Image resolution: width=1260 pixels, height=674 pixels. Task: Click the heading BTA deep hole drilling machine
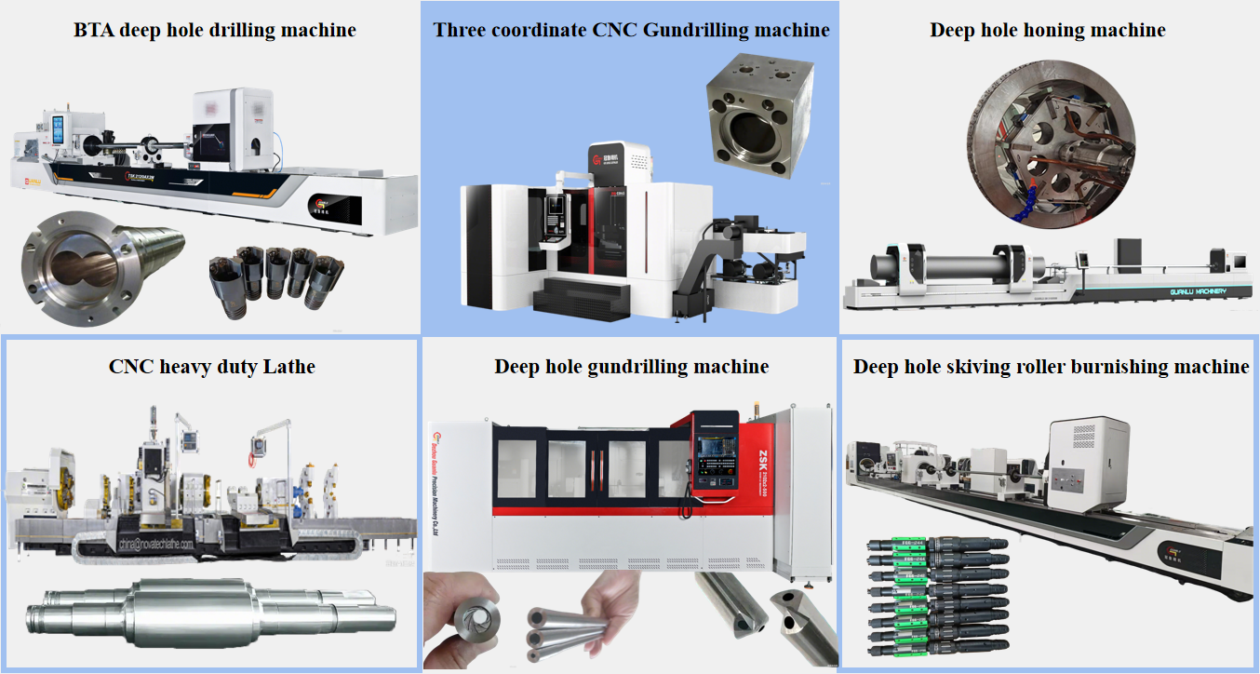point(214,30)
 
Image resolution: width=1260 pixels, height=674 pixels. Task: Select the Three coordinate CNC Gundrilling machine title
point(631,30)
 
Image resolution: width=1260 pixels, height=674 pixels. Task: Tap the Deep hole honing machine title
point(1047,30)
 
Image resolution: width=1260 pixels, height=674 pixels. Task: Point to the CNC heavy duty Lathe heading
point(212,366)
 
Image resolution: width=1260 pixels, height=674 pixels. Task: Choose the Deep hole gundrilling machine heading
point(631,366)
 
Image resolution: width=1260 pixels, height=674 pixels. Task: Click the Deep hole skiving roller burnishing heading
point(1051,366)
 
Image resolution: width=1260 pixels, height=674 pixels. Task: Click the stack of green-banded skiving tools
point(936,597)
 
